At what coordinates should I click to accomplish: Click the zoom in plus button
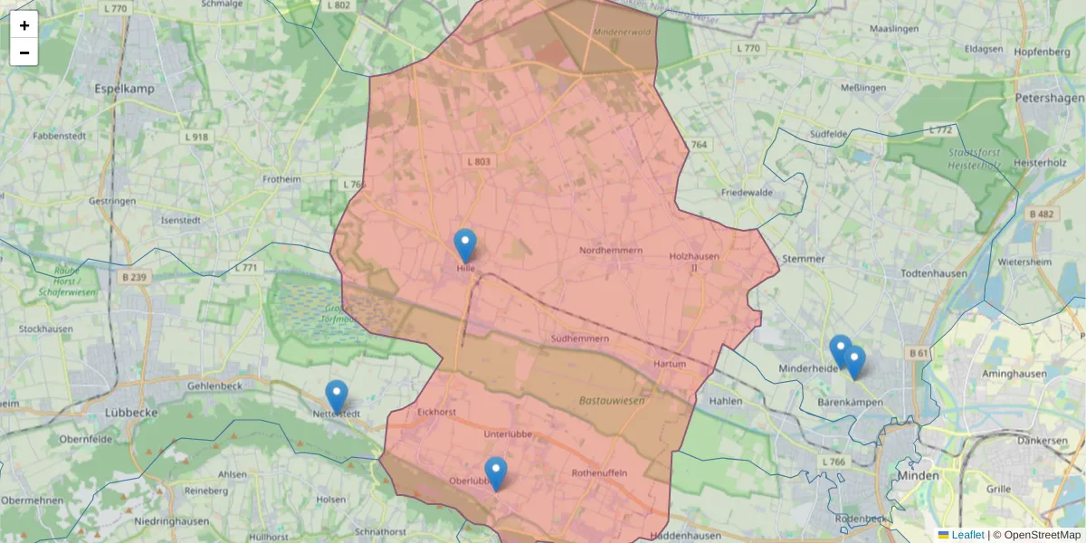point(24,25)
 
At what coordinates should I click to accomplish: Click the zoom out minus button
point(24,52)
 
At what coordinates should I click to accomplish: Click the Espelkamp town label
point(124,89)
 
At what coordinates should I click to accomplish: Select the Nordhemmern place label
point(611,250)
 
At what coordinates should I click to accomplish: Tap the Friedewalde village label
point(747,193)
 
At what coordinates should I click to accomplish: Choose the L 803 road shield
point(479,162)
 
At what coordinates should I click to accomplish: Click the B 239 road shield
point(132,277)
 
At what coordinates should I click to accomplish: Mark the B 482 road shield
point(1042,214)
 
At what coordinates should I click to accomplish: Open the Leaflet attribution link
point(967,535)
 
